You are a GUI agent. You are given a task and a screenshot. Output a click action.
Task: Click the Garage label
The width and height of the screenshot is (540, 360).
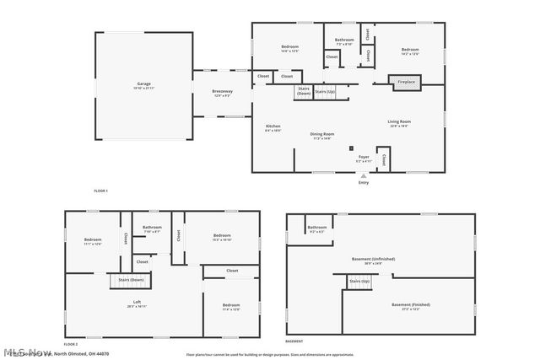[x=144, y=84]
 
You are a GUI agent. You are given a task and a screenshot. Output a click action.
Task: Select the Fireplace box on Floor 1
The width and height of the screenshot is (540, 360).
[x=406, y=82]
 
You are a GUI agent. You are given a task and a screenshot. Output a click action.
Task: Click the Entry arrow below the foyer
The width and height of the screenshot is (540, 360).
[x=364, y=175]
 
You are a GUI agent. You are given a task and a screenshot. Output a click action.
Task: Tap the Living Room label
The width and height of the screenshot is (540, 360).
[x=399, y=124]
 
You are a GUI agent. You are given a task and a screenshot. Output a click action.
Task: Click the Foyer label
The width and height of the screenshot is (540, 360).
[x=364, y=158]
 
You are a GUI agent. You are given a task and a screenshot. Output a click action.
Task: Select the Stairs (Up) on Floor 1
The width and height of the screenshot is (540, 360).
[x=325, y=91]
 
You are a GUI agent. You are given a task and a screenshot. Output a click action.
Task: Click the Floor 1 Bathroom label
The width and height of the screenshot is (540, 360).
[x=343, y=41]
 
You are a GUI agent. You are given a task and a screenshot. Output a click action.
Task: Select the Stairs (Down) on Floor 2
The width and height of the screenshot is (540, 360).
[x=131, y=279]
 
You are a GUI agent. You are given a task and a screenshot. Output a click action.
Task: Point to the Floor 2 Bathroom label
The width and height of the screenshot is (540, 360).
[x=152, y=228]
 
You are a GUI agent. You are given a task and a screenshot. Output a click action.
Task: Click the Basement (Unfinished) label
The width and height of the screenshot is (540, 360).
[x=373, y=260]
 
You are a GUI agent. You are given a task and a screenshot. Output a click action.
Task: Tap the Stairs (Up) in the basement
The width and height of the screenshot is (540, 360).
[x=359, y=280]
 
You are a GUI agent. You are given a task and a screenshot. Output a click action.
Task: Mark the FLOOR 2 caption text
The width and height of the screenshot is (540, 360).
[x=71, y=344]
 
